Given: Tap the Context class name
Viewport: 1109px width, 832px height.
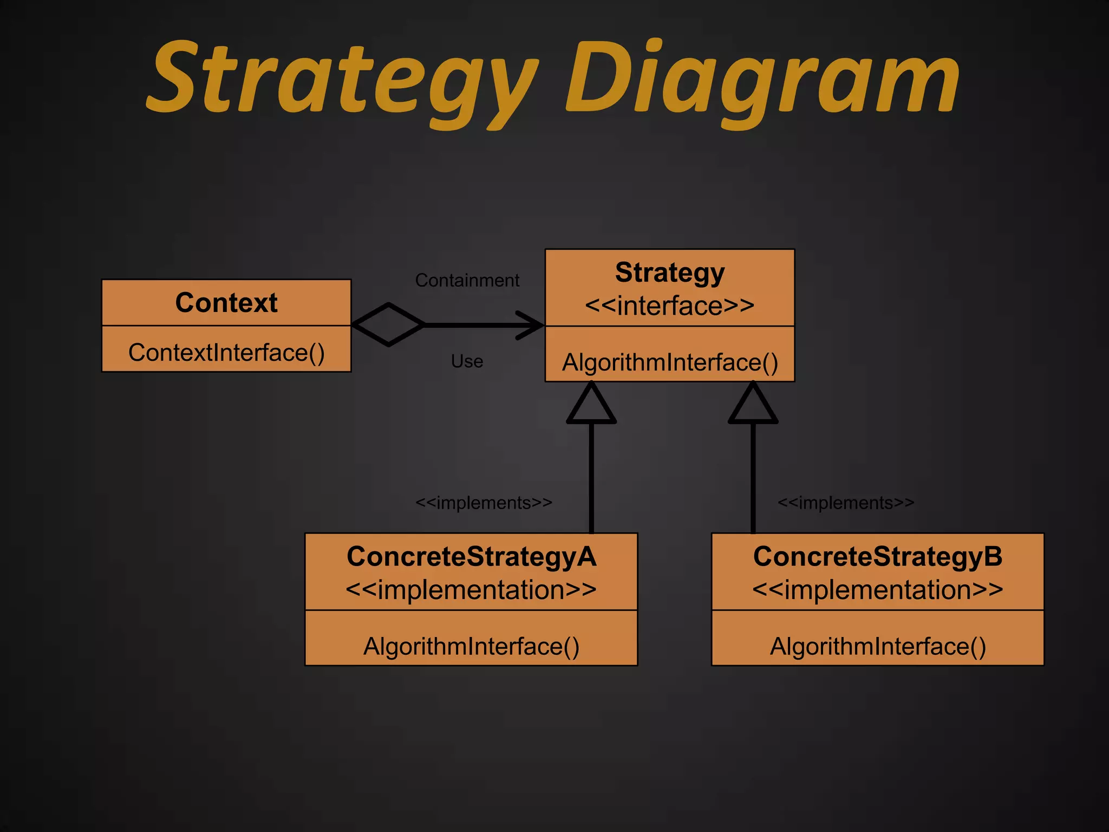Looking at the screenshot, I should (226, 302).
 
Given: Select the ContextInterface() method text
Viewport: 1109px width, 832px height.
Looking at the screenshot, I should (226, 353).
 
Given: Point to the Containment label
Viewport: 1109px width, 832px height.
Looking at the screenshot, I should (467, 280).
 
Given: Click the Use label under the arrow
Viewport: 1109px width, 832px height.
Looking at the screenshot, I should (467, 361).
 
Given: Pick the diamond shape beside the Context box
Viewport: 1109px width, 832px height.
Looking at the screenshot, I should (388, 324).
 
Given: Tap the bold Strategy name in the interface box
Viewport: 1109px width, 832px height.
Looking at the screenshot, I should (670, 272).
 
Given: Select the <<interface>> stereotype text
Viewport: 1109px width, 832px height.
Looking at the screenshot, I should (670, 306).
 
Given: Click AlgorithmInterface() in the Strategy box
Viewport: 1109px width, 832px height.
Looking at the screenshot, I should (670, 362).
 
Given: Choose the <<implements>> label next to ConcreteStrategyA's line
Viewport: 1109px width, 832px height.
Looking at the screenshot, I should (484, 503).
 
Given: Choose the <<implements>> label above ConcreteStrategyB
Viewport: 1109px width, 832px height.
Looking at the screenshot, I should (846, 503).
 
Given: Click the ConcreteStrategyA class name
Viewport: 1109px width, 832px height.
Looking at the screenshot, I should (471, 557).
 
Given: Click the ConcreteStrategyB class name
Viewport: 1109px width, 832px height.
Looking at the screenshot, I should (878, 557).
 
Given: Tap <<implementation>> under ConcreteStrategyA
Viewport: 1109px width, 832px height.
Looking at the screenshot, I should (471, 590).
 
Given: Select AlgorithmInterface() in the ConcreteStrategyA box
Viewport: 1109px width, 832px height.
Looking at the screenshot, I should (471, 646).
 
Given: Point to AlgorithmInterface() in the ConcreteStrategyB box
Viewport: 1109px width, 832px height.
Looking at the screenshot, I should (878, 646).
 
